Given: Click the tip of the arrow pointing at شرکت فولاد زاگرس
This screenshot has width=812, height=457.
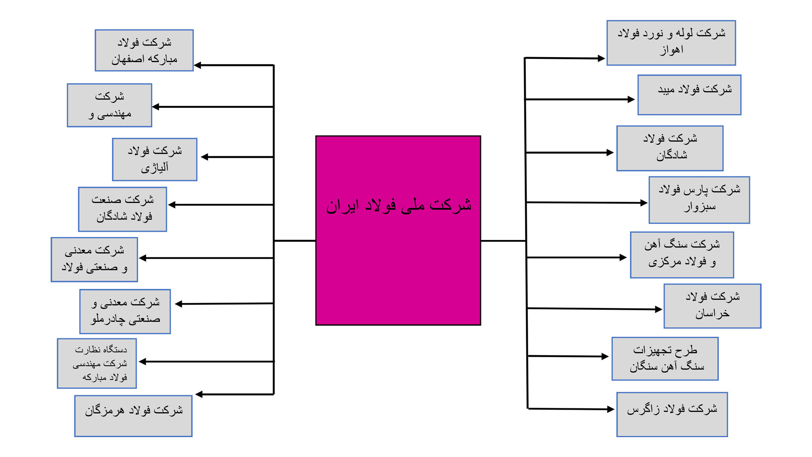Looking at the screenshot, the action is [x=614, y=409].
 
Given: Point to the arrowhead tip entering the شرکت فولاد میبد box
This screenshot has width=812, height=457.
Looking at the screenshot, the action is [x=635, y=99].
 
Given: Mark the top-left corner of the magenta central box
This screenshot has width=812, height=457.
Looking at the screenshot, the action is [x=316, y=136].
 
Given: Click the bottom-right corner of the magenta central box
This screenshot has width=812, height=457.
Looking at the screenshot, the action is [x=481, y=325].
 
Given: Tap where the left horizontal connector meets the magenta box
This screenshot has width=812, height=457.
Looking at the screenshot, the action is [x=316, y=241].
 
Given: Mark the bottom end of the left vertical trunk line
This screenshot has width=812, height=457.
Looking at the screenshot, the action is [x=274, y=394].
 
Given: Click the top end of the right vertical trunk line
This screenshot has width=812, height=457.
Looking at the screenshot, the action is [x=525, y=58].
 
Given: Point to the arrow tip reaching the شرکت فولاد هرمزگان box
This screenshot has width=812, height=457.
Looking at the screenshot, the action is [x=195, y=394].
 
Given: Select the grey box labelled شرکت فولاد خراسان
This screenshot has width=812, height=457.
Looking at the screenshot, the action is [x=713, y=306].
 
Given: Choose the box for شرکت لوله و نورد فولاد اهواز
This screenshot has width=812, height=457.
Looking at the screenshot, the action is [x=671, y=43].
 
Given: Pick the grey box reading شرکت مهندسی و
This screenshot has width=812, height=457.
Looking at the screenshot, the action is [x=110, y=105].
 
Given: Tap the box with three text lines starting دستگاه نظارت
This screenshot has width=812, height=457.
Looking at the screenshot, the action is [x=97, y=363].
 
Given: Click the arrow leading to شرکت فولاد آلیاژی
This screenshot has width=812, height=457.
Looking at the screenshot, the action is [x=237, y=157].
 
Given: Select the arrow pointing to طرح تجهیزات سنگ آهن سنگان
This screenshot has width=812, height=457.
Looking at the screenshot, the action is [x=568, y=356].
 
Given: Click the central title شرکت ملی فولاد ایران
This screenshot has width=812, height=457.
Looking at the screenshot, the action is [x=398, y=205].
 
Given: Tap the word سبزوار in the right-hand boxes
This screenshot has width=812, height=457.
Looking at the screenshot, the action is [x=700, y=207].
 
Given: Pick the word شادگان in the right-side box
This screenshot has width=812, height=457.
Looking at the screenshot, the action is [x=672, y=155].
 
